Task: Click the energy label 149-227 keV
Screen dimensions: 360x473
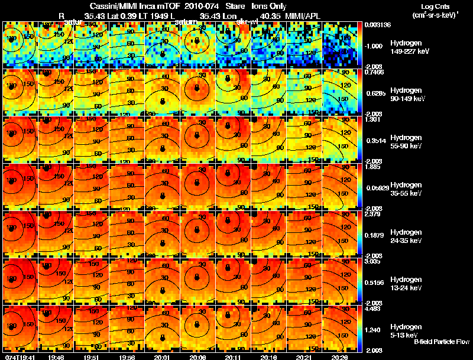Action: pos(409,51)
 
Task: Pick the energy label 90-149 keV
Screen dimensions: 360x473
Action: pos(408,99)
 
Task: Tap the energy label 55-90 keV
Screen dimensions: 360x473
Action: pos(407,146)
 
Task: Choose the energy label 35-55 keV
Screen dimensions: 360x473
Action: pos(407,193)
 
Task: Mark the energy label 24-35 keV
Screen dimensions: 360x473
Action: pos(407,241)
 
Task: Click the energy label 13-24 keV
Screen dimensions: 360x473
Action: pos(407,288)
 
